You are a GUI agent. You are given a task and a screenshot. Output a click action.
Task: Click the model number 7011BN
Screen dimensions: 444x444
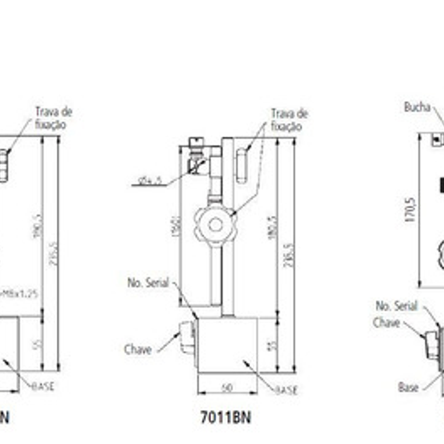(226, 418)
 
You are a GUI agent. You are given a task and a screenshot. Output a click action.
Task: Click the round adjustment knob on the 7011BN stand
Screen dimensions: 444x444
(215, 224)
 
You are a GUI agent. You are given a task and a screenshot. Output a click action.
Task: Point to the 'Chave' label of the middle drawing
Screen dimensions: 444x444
(138, 349)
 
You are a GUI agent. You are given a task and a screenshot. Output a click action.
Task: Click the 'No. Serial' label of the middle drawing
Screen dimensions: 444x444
(148, 283)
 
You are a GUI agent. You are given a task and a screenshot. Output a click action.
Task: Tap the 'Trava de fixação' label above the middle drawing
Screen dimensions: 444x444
(289, 120)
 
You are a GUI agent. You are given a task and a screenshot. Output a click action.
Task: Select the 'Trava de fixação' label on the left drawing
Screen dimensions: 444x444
(53, 117)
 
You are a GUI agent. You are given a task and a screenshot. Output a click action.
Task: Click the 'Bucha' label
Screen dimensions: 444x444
(417, 107)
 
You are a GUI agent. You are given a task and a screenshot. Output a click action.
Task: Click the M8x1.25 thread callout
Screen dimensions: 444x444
(22, 293)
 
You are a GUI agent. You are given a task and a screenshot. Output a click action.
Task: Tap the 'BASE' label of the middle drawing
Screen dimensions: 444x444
(286, 390)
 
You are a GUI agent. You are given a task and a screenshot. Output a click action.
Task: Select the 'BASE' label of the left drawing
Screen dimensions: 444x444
(43, 386)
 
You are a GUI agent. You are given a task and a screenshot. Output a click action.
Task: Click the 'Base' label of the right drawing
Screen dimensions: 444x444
(408, 387)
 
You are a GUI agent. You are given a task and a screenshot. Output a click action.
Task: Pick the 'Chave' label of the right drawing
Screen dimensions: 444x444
(386, 322)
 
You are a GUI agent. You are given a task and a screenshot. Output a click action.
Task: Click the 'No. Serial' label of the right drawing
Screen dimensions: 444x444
(396, 306)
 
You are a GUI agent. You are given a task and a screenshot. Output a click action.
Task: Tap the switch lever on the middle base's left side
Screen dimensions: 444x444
(187, 338)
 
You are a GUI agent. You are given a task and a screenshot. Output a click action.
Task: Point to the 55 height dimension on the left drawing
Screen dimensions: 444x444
(37, 344)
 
